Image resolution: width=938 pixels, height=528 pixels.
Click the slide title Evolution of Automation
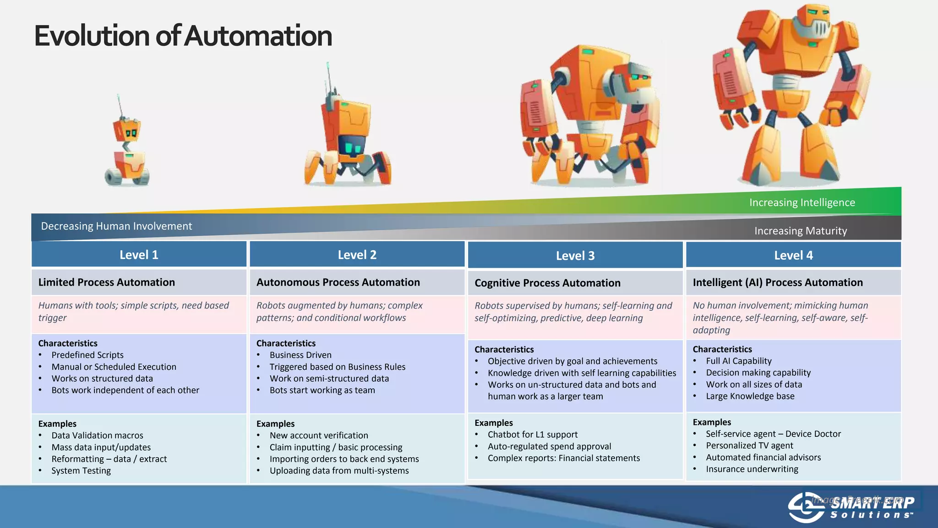point(183,36)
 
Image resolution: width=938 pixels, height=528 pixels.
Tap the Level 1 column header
point(139,255)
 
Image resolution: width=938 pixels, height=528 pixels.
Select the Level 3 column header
point(575,256)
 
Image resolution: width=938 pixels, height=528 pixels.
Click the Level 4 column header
point(793,255)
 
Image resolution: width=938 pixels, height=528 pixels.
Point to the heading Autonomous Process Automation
point(338,282)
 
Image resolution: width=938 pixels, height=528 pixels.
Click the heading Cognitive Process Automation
point(547,283)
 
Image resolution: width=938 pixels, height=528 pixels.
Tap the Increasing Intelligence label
point(802,203)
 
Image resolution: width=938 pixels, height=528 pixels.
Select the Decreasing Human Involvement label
point(116,226)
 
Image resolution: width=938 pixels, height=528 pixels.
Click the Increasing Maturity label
point(801,231)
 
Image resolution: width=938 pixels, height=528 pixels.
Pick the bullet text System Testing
point(81,471)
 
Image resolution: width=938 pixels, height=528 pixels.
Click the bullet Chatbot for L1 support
point(533,434)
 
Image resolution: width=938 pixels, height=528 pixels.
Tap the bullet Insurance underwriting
point(752,469)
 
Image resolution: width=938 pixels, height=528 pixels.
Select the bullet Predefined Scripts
point(87,355)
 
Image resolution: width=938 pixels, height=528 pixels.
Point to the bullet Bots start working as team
point(322,390)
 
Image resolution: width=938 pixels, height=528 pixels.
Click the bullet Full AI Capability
point(739,361)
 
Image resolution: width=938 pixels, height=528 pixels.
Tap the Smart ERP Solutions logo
point(851,507)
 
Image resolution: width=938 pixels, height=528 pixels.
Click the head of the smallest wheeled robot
point(127,130)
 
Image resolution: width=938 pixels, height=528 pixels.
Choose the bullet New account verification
point(319,435)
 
